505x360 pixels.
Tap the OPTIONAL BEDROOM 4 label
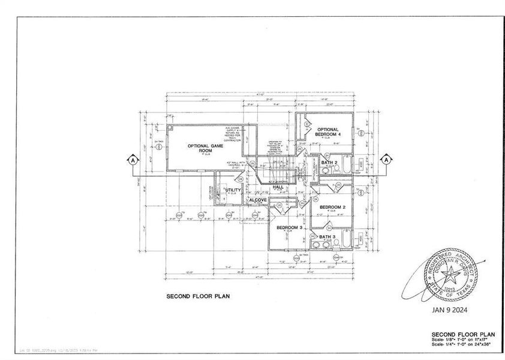pyautogui.click(x=328, y=132)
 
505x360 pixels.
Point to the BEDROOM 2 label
pyautogui.click(x=331, y=208)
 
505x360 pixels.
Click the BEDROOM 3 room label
pyautogui.click(x=288, y=228)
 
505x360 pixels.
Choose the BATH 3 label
pyautogui.click(x=327, y=237)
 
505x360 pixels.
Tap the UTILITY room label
pyautogui.click(x=233, y=190)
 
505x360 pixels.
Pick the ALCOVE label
pyautogui.click(x=258, y=199)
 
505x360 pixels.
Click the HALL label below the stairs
pyautogui.click(x=278, y=187)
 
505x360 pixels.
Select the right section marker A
pyautogui.click(x=386, y=160)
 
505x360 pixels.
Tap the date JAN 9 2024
pyautogui.click(x=449, y=310)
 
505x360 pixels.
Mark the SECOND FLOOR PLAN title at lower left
pyautogui.click(x=197, y=296)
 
